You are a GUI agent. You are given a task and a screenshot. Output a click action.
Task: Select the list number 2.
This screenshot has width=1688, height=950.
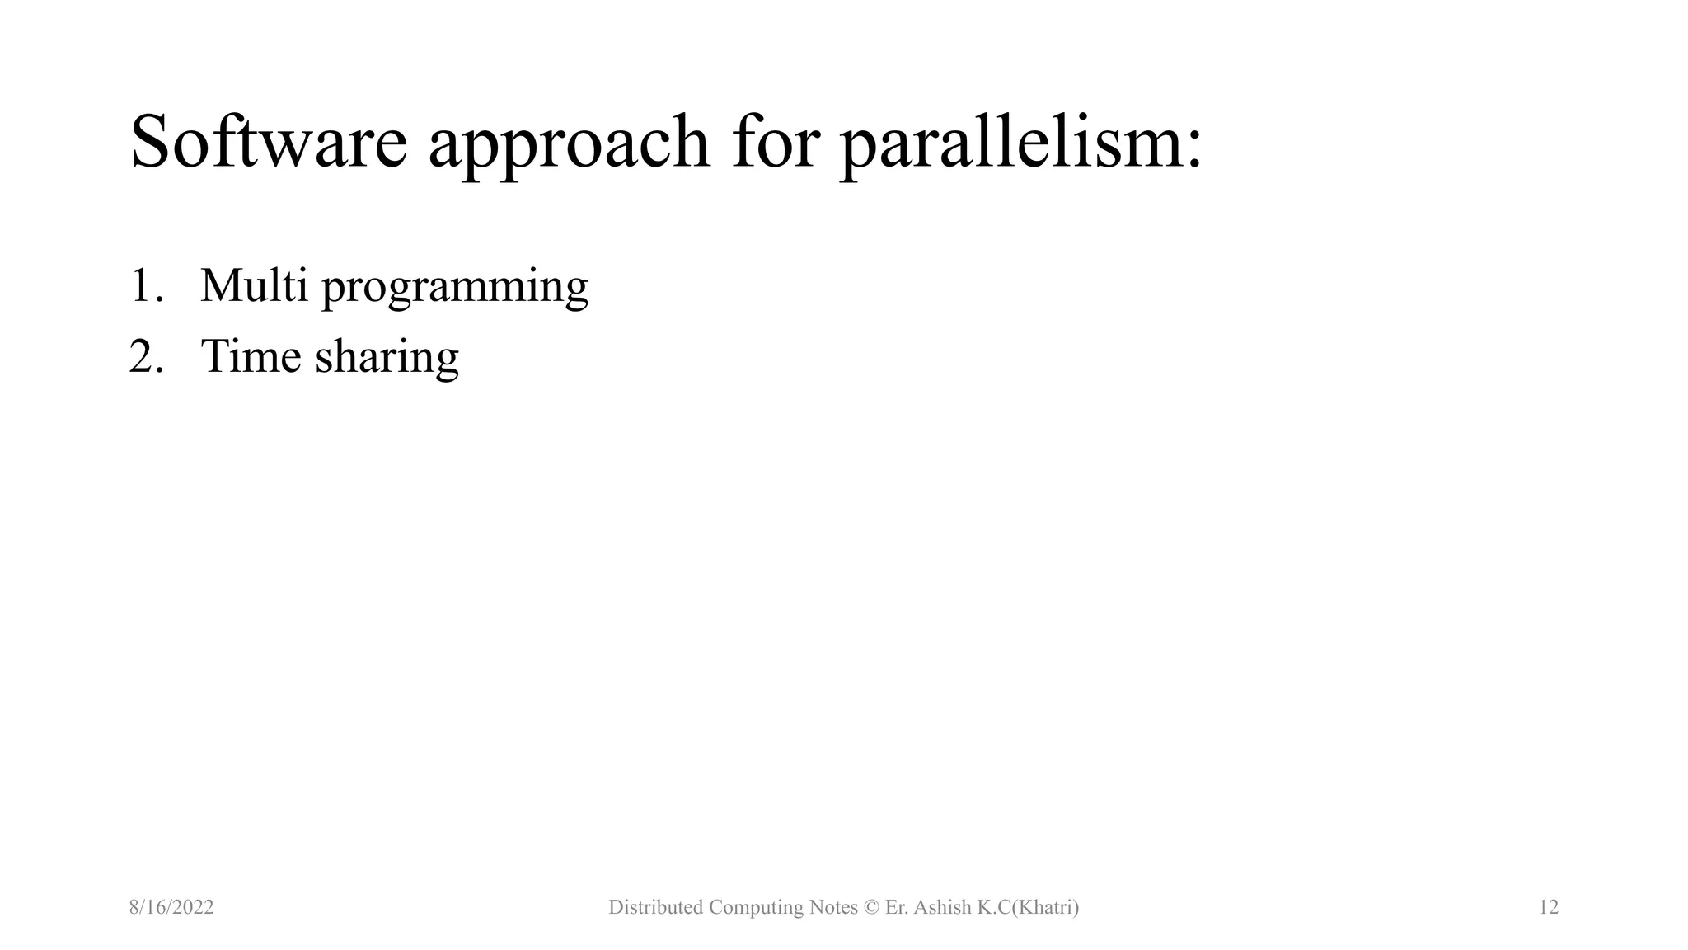pyautogui.click(x=145, y=356)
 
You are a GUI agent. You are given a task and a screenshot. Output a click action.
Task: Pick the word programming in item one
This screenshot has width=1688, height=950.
pyautogui.click(x=455, y=289)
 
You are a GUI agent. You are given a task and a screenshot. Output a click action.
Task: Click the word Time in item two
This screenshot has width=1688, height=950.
pyautogui.click(x=251, y=356)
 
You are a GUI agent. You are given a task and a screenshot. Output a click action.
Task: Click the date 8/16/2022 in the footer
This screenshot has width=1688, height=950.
pyautogui.click(x=171, y=907)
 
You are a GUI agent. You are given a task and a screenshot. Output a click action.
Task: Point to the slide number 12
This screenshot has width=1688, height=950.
pyautogui.click(x=1549, y=907)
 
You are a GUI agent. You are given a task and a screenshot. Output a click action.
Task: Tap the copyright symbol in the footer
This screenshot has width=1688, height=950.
pyautogui.click(x=871, y=908)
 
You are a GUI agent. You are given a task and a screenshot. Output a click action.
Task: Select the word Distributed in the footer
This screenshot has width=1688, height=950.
pyautogui.click(x=655, y=907)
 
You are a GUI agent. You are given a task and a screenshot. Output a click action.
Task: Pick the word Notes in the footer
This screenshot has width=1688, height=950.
pyautogui.click(x=833, y=907)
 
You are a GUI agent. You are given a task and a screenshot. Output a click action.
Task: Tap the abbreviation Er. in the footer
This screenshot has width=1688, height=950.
pyautogui.click(x=896, y=907)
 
